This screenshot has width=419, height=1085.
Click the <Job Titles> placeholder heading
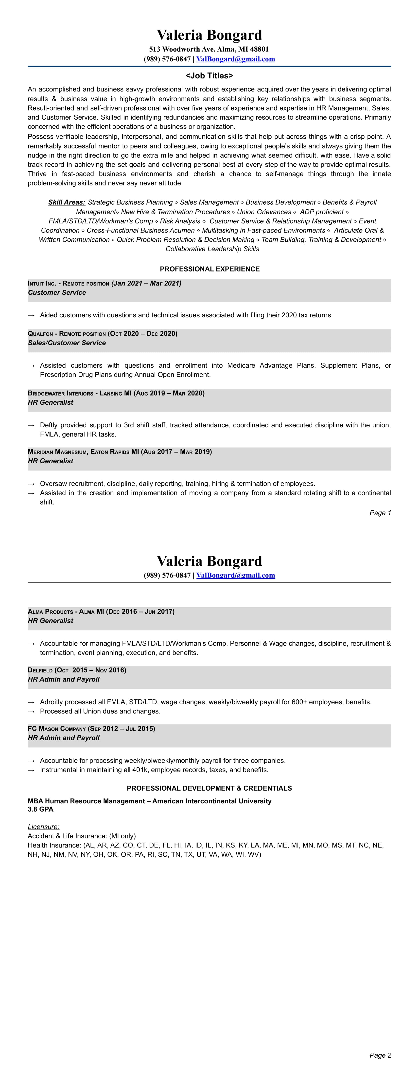(209, 76)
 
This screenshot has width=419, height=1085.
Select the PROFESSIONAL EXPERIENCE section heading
(209, 269)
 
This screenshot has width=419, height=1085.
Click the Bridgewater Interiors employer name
(60, 393)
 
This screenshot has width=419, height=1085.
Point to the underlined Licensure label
(43, 827)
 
